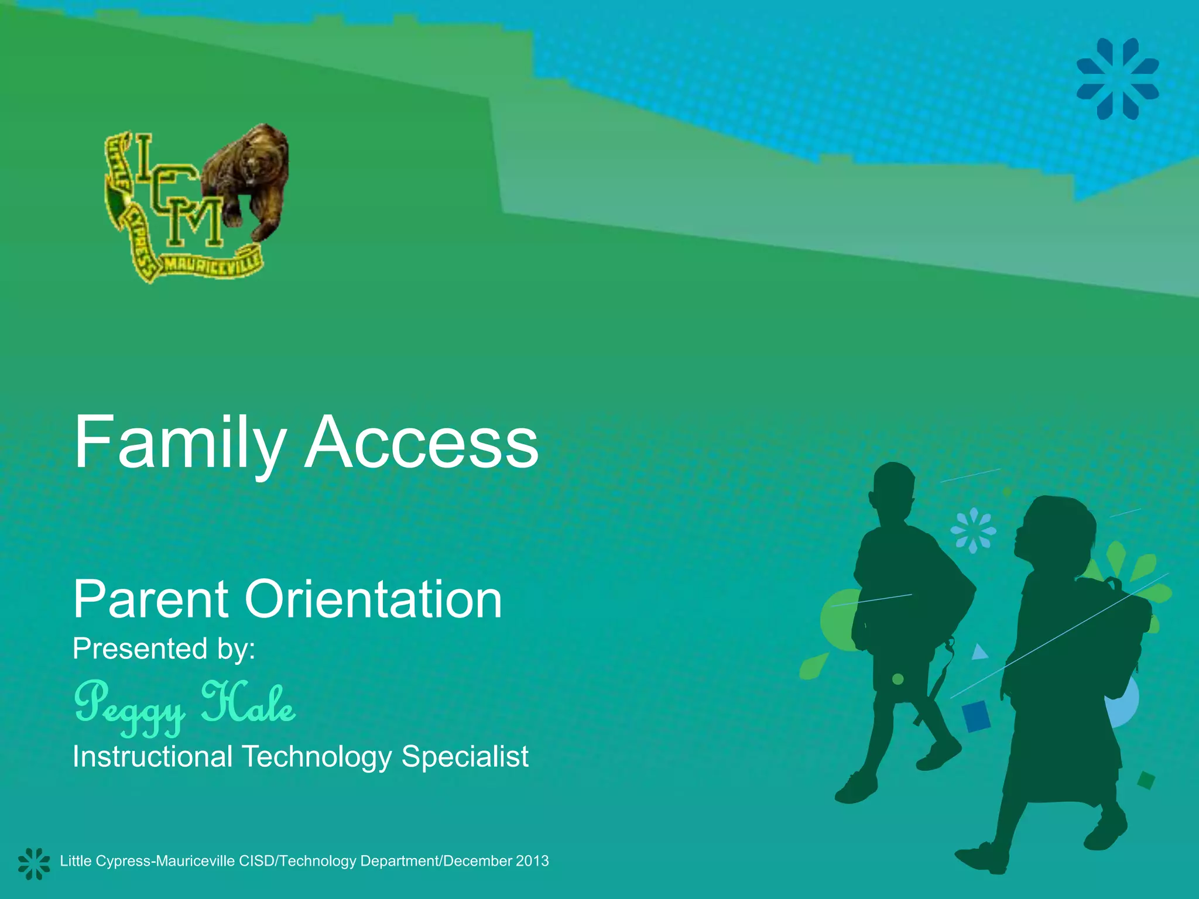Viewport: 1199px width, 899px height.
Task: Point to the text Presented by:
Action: (x=164, y=648)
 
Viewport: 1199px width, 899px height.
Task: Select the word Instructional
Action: (x=153, y=756)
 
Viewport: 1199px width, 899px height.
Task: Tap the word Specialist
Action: (x=465, y=756)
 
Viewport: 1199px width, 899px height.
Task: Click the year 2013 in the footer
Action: (x=532, y=861)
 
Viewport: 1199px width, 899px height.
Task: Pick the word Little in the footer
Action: (x=76, y=861)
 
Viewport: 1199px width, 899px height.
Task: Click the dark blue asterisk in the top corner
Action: (x=1118, y=78)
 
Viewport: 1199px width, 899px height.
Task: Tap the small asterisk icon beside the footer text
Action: (x=33, y=863)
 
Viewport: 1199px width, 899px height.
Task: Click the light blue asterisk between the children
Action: (x=973, y=530)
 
